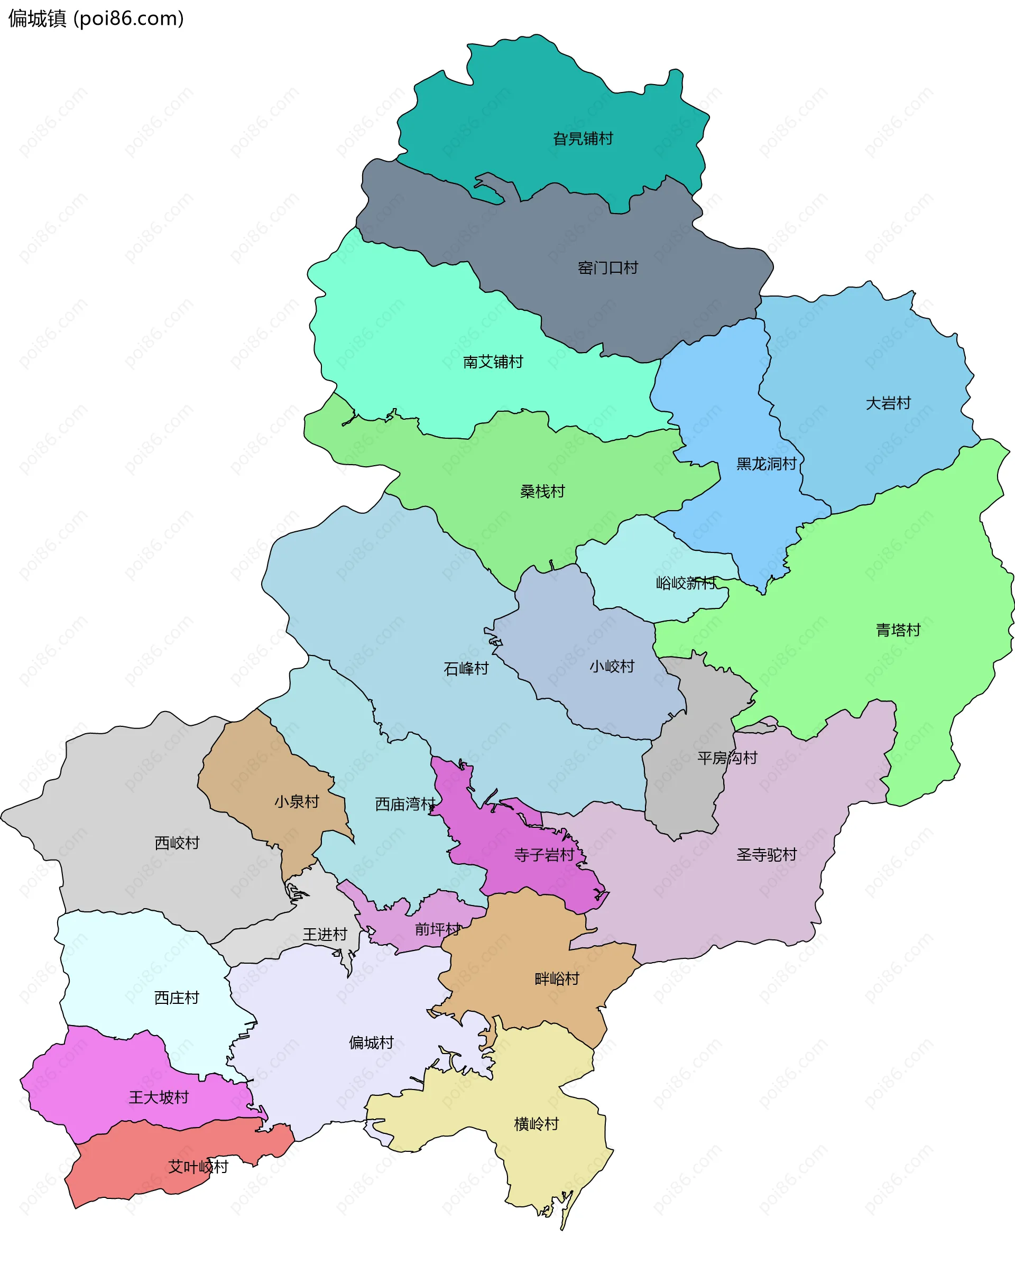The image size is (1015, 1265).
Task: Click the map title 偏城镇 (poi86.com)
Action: coord(96,19)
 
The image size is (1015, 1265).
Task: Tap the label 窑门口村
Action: coord(607,268)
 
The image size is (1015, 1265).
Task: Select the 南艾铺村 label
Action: coord(493,362)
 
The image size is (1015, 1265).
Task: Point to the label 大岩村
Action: coord(888,403)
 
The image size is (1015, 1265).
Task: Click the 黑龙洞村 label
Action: coord(766,464)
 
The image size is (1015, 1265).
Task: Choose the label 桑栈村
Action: coord(542,492)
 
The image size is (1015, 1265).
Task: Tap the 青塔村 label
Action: coord(898,630)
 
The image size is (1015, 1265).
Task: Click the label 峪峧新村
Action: coord(685,583)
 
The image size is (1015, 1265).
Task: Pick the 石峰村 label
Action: coord(466,669)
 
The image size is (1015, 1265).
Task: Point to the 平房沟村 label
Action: coord(727,758)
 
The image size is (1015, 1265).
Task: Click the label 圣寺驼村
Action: coord(766,855)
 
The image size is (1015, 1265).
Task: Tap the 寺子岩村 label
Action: coord(544,855)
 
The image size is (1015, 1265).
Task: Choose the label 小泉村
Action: coord(296,801)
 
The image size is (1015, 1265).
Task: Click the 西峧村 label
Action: coord(177,843)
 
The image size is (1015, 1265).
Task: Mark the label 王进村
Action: coord(325,935)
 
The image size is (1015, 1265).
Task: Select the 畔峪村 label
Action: coord(557,978)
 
